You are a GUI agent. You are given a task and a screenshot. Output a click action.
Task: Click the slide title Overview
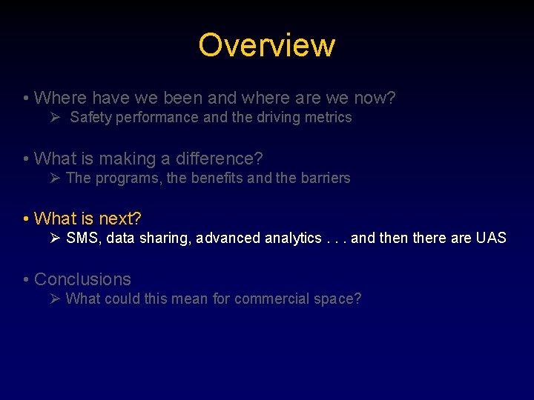pos(266,45)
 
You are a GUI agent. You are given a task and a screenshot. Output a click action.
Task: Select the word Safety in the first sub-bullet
pos(89,117)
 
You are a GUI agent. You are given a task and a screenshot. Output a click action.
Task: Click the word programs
pos(121,178)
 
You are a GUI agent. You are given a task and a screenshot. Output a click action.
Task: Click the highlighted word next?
pos(120,219)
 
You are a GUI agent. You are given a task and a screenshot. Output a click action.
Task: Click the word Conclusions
pos(82,279)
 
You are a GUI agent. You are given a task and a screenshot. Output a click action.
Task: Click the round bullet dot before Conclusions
pos(26,280)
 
